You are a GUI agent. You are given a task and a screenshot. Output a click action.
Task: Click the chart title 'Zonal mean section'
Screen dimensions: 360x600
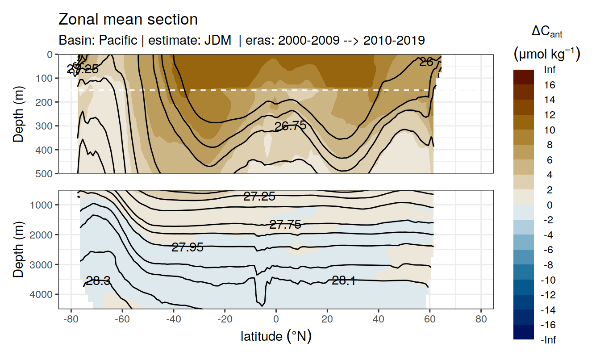(x=128, y=20)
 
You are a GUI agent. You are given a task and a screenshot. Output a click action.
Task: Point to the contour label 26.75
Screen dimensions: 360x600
(x=290, y=126)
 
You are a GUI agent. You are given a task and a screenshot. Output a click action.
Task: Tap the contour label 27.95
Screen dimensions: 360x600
(x=187, y=247)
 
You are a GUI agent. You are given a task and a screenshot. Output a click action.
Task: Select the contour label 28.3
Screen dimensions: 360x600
(x=98, y=281)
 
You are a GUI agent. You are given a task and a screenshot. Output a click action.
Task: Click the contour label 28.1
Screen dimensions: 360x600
(x=343, y=280)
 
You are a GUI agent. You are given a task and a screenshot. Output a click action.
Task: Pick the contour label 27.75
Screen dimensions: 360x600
(x=285, y=225)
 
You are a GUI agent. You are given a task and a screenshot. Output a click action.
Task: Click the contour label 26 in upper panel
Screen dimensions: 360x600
(x=426, y=62)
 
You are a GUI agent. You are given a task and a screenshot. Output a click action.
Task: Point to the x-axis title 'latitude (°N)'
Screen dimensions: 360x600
(x=275, y=336)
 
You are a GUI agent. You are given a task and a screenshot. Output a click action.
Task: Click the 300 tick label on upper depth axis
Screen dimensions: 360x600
(x=44, y=126)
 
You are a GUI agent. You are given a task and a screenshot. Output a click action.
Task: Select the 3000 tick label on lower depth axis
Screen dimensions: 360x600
(x=42, y=264)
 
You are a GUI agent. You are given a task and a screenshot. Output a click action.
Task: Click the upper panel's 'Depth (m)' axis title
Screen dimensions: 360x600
(x=18, y=113)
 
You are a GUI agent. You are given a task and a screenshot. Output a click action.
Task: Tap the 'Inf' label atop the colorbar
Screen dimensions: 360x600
(x=549, y=70)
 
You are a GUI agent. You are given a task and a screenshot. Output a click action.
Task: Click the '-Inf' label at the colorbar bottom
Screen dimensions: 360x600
(x=548, y=340)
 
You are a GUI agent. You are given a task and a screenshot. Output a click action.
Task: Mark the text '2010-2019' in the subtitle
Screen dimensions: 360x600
(x=394, y=41)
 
